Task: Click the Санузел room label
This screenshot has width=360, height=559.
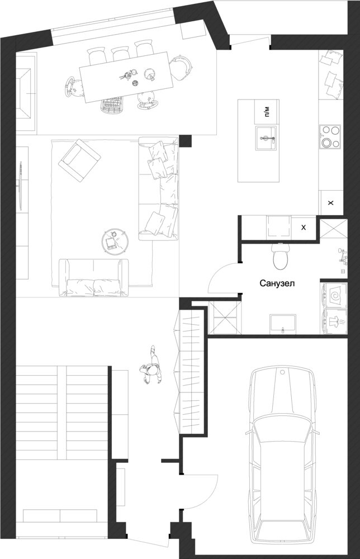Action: pyautogui.click(x=277, y=284)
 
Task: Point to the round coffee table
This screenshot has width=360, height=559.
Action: pyautogui.click(x=115, y=241)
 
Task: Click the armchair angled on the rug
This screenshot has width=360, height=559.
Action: pyautogui.click(x=79, y=160)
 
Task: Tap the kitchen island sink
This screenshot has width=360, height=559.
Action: pyautogui.click(x=266, y=138)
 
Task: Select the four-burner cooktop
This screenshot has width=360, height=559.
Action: pyautogui.click(x=330, y=136)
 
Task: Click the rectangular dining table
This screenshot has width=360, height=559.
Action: pyautogui.click(x=126, y=77)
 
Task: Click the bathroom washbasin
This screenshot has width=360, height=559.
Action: pyautogui.click(x=283, y=324)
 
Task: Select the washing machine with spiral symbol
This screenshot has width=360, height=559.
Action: pyautogui.click(x=334, y=296)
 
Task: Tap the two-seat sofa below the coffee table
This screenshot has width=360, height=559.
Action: pyautogui.click(x=93, y=277)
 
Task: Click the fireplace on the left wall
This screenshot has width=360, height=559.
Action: pyautogui.click(x=26, y=93)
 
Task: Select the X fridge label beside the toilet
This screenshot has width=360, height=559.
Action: pyautogui.click(x=304, y=228)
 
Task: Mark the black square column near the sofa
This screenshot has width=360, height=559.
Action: pyautogui.click(x=186, y=141)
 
